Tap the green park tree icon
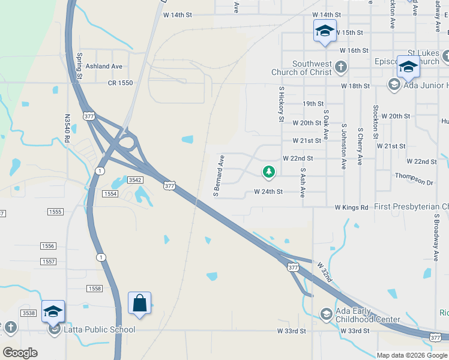pyautogui.click(x=269, y=172)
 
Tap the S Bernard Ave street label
pyautogui.click(x=218, y=175)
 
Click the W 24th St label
pyautogui.click(x=268, y=192)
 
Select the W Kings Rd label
pyautogui.click(x=351, y=208)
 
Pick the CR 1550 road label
pyautogui.click(x=120, y=83)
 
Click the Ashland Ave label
pyautogui.click(x=104, y=66)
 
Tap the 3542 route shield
pyautogui.click(x=134, y=180)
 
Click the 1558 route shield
pyautogui.click(x=95, y=289)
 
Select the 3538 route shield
pyautogui.click(x=28, y=313)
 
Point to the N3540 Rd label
pyautogui.click(x=67, y=129)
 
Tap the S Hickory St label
pyautogui.click(x=281, y=103)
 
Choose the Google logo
pyautogui.click(x=20, y=353)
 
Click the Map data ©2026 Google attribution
pyautogui.click(x=411, y=355)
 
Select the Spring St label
pyautogui.click(x=80, y=66)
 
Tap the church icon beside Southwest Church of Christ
pyautogui.click(x=341, y=66)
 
